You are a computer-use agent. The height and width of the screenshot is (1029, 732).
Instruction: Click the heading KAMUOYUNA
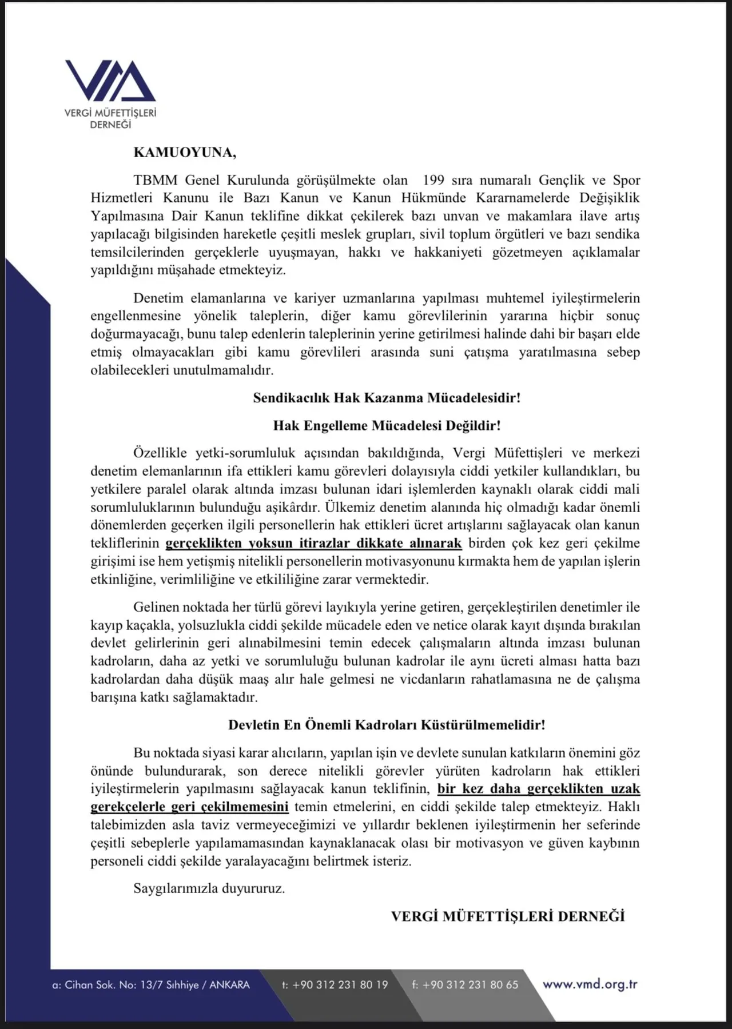click(184, 153)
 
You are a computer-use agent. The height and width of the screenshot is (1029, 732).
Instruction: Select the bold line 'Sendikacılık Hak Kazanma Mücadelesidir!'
click(387, 397)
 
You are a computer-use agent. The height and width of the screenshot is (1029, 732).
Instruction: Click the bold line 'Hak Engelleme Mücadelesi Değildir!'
click(387, 425)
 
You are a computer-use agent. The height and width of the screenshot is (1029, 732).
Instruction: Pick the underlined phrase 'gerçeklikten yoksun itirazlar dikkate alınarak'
click(313, 543)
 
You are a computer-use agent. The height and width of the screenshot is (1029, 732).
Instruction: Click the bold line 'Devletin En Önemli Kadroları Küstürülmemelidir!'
click(387, 725)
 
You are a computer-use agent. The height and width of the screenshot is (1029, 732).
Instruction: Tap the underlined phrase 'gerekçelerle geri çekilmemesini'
click(189, 807)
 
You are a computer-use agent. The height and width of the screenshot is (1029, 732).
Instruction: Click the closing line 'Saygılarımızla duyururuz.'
click(209, 888)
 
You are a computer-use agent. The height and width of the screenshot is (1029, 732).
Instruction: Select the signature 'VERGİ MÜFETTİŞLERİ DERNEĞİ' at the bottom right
click(508, 916)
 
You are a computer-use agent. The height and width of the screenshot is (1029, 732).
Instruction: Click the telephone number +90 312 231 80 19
click(340, 985)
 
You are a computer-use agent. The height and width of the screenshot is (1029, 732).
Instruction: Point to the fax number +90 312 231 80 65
click(470, 985)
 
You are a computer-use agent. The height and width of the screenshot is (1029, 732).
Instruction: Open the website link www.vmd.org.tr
click(590, 984)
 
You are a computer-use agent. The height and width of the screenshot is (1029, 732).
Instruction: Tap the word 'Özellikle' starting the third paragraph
click(160, 453)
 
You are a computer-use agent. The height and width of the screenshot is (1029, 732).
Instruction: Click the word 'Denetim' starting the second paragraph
click(158, 298)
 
